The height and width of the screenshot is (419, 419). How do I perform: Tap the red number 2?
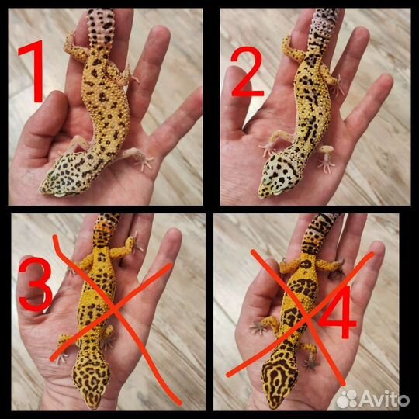(248, 71)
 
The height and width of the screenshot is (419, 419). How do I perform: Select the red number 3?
(36, 284)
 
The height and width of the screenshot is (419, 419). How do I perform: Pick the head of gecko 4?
(279, 379)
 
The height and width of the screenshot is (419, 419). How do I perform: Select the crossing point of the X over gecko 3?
(114, 310)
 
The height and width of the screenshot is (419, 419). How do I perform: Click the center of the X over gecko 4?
(308, 317)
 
